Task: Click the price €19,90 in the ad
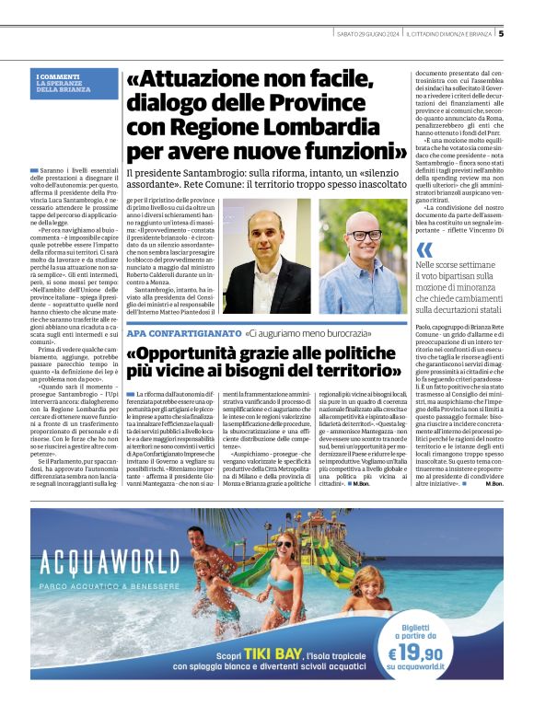[433, 653]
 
